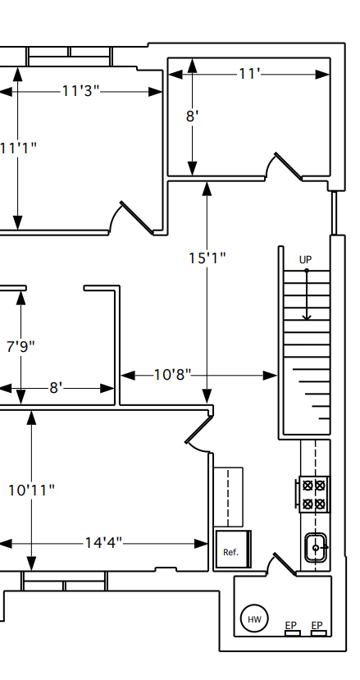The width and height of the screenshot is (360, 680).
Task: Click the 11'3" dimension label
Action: pos(80,91)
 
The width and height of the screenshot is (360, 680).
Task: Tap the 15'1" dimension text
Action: pos(207,258)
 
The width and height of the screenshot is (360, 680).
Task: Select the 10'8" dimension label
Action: pos(173,375)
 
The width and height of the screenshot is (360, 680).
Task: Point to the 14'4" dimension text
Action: pos(103,543)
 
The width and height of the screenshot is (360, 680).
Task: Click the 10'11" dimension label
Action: pos(32,491)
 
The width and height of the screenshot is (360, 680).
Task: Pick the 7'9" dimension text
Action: pos(21,346)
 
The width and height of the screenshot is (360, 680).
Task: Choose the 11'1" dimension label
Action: pos(18,148)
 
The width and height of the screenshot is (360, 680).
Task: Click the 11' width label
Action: pos(249,74)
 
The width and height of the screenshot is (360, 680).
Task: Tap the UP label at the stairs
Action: pos(305,260)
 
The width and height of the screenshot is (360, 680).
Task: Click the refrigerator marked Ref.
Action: pos(234,549)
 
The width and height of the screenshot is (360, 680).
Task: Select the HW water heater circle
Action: pos(254,618)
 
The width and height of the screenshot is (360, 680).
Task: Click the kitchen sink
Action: pos(317,548)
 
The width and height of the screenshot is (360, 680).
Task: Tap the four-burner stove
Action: pos(313,495)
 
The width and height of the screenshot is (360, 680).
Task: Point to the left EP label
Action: pos(290,625)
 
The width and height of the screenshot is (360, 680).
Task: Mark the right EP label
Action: pos(317,625)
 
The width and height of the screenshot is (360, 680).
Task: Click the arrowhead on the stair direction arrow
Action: pos(307,317)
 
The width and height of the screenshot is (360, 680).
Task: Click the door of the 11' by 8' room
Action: pos(288,166)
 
